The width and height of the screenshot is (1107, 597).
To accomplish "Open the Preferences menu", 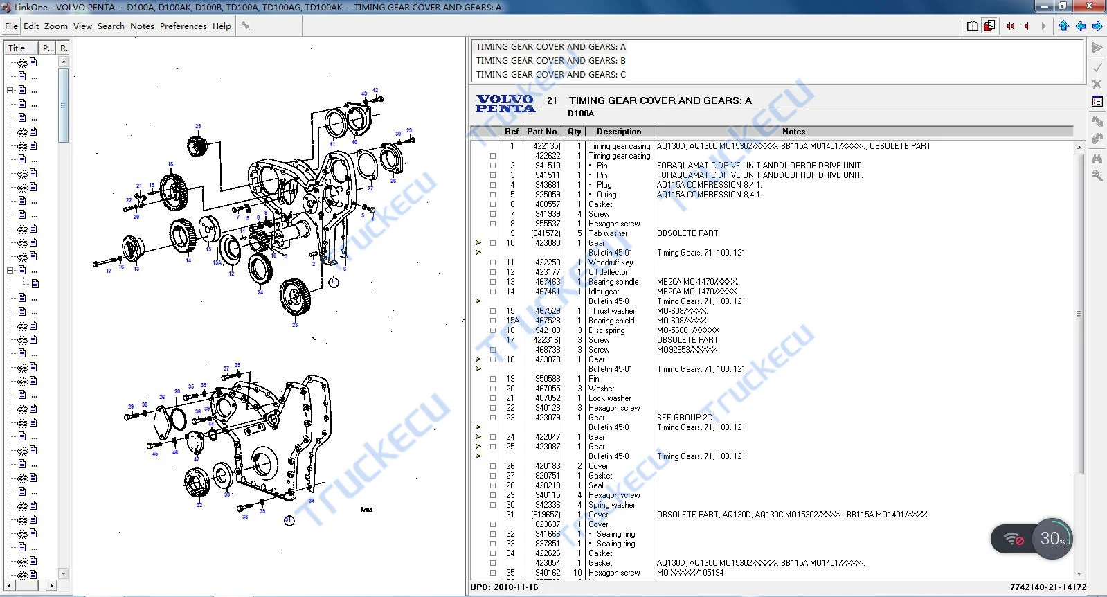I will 183,26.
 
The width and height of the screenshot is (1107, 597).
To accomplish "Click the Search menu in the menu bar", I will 111,26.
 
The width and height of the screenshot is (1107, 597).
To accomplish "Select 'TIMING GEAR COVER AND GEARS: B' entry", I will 550,61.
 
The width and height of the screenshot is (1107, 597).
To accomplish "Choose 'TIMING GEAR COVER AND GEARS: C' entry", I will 550,75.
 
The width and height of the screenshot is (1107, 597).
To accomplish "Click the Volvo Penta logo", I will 505,104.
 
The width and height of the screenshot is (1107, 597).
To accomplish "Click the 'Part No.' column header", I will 542,132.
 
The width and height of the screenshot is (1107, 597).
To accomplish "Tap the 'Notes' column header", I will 793,132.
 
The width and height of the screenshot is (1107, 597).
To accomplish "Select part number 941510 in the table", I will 548,166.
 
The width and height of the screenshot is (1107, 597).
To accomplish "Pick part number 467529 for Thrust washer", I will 548,311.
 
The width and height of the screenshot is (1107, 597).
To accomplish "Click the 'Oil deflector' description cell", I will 608,272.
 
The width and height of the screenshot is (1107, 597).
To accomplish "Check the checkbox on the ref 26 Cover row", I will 493,466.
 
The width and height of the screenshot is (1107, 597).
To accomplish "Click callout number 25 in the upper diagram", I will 198,127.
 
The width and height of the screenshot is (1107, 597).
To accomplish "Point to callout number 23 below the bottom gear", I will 295,324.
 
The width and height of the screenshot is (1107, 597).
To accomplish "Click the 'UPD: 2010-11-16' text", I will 504,587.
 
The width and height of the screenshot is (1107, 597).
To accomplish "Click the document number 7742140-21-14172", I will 1047,587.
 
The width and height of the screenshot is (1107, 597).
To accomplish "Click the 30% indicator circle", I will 1052,538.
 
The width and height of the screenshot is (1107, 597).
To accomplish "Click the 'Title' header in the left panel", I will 17,48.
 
